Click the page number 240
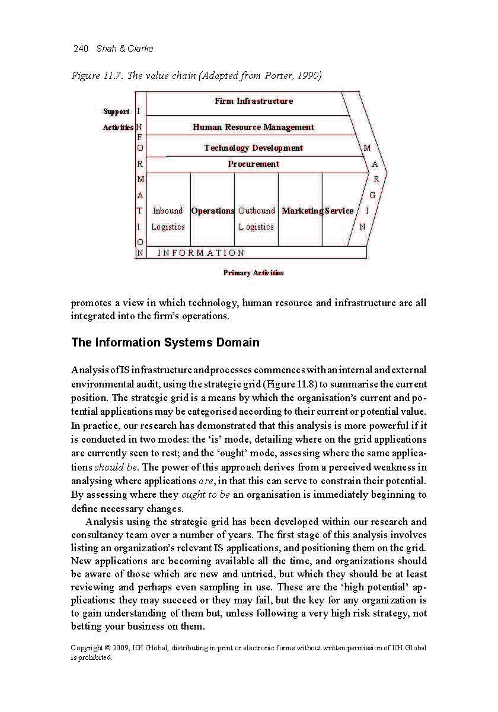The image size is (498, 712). [x=80, y=49]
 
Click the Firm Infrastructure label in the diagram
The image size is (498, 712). [x=254, y=101]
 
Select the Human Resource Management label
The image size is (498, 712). [x=253, y=127]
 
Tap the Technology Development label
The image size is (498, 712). [x=253, y=148]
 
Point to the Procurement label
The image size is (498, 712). [x=253, y=164]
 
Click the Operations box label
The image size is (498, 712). [x=212, y=211]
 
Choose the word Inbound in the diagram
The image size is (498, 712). [x=168, y=211]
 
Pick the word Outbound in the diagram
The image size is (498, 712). [x=257, y=211]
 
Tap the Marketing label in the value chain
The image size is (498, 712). [x=302, y=211]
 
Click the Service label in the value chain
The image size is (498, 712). [x=339, y=211]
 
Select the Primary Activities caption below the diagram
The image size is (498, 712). [x=253, y=273]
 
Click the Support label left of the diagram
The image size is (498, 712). [x=116, y=112]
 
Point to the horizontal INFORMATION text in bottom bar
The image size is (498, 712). [x=201, y=253]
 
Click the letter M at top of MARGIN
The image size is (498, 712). [x=368, y=148]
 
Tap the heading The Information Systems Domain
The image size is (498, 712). [x=165, y=342]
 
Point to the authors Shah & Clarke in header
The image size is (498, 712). [x=124, y=49]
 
